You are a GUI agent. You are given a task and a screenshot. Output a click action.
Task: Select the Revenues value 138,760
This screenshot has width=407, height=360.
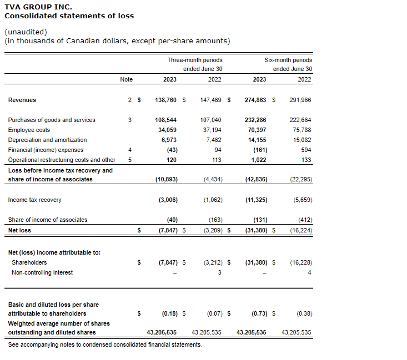[x=165, y=100]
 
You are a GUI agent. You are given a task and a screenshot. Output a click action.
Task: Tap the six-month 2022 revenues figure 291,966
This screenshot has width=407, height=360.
[x=300, y=100]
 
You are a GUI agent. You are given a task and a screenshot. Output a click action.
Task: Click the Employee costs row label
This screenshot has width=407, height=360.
[x=28, y=130]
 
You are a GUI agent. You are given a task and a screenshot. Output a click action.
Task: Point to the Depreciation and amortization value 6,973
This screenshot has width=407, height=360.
[x=168, y=140]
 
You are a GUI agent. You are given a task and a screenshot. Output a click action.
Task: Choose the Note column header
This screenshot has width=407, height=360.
[x=127, y=79]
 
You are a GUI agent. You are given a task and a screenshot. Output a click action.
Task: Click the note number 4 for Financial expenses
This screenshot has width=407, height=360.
[x=129, y=150]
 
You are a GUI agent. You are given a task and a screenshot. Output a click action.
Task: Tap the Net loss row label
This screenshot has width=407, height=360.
[x=19, y=230]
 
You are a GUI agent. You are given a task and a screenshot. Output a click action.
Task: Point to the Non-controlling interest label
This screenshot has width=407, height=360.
[x=42, y=272]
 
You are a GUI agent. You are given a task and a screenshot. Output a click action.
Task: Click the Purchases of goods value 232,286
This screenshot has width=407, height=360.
[x=255, y=120]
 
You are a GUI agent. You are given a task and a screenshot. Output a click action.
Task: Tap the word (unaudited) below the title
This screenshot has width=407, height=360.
[x=26, y=32]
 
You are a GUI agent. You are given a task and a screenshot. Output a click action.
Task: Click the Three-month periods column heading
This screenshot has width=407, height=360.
[x=195, y=60]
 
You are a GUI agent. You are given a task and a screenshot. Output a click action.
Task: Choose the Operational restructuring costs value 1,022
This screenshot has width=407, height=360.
[x=259, y=160]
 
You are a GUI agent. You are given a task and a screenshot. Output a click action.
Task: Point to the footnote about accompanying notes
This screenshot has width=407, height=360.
[x=105, y=344]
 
